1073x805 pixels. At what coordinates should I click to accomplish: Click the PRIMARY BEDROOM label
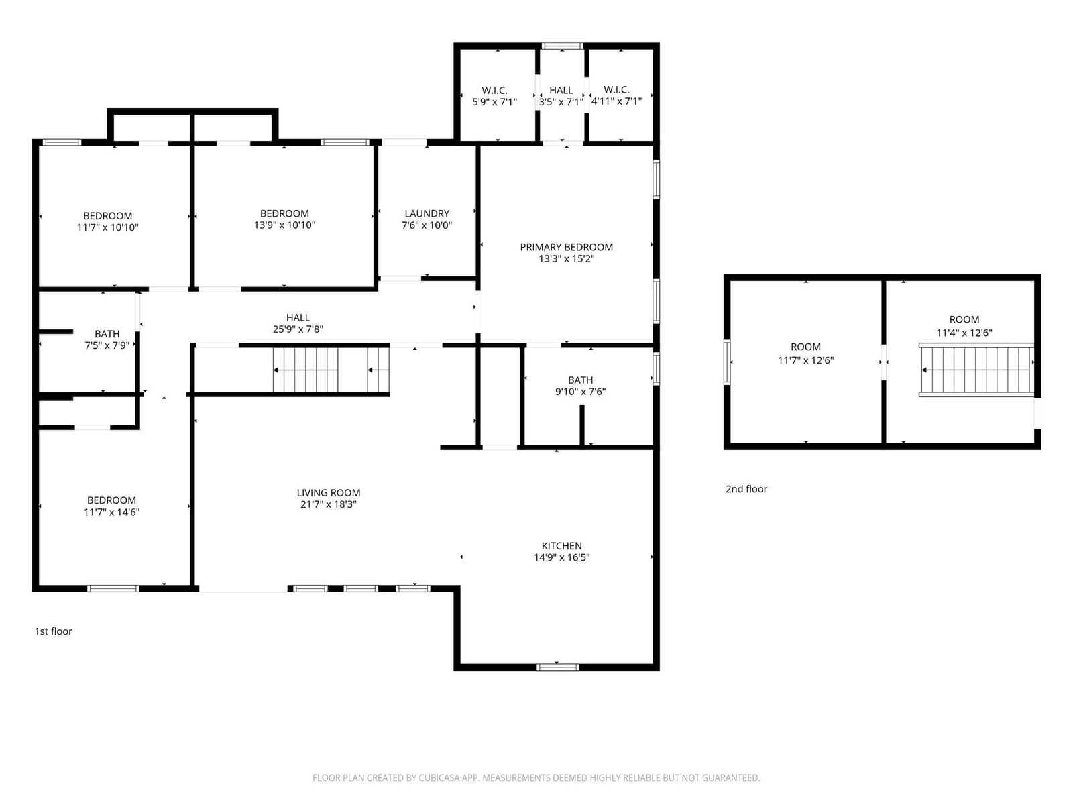(566, 247)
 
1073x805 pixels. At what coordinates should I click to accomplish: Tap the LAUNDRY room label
(427, 213)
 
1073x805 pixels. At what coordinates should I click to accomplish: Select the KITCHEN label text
(562, 545)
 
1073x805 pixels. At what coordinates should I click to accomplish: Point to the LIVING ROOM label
(329, 492)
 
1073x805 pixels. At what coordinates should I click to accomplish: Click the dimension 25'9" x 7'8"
(298, 329)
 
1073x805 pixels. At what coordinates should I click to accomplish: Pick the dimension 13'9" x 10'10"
(284, 225)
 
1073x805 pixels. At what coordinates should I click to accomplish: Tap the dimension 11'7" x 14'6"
(111, 513)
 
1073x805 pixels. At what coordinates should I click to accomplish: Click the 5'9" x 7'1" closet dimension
(494, 102)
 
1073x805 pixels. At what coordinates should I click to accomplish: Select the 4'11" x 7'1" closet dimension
(616, 101)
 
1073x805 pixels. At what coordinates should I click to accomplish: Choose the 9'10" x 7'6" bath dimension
(580, 392)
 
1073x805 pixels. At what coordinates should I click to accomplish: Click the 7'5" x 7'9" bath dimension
(107, 345)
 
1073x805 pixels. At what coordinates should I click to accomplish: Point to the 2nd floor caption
(746, 489)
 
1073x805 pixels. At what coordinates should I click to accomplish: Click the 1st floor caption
(53, 631)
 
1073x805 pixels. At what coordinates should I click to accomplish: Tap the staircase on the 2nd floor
(976, 370)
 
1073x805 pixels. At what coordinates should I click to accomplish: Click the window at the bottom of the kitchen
(558, 667)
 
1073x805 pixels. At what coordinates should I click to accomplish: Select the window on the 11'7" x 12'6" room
(727, 362)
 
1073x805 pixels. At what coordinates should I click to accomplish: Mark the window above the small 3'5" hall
(562, 46)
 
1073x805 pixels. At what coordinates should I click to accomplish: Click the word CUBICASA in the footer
(439, 777)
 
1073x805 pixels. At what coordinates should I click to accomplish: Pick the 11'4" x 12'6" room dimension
(964, 333)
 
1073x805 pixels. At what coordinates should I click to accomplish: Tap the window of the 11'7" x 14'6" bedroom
(113, 588)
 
